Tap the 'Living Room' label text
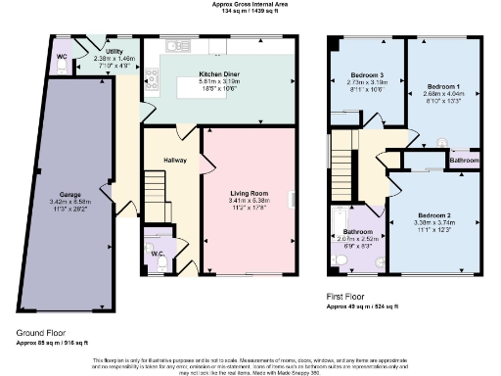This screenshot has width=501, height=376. [249, 194]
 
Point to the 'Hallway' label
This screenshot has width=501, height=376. [174, 160]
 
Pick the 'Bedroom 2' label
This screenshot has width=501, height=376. [433, 214]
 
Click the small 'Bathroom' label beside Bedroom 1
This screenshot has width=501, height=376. [464, 160]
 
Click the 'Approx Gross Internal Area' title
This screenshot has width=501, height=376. [250, 4]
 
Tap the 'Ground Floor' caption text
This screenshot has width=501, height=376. [39, 334]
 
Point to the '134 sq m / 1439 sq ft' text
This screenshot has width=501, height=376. [250, 12]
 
